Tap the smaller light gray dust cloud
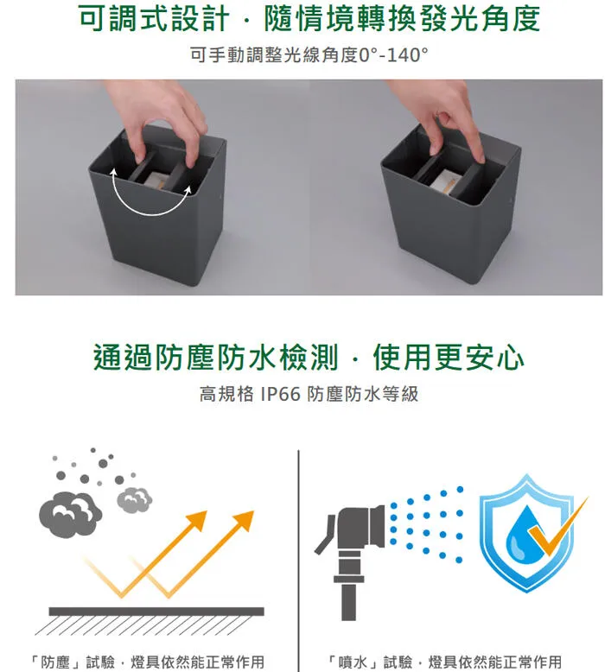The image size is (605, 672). pos(134,498)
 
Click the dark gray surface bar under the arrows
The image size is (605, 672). pos(156,612)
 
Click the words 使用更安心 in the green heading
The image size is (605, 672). pos(448,357)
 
